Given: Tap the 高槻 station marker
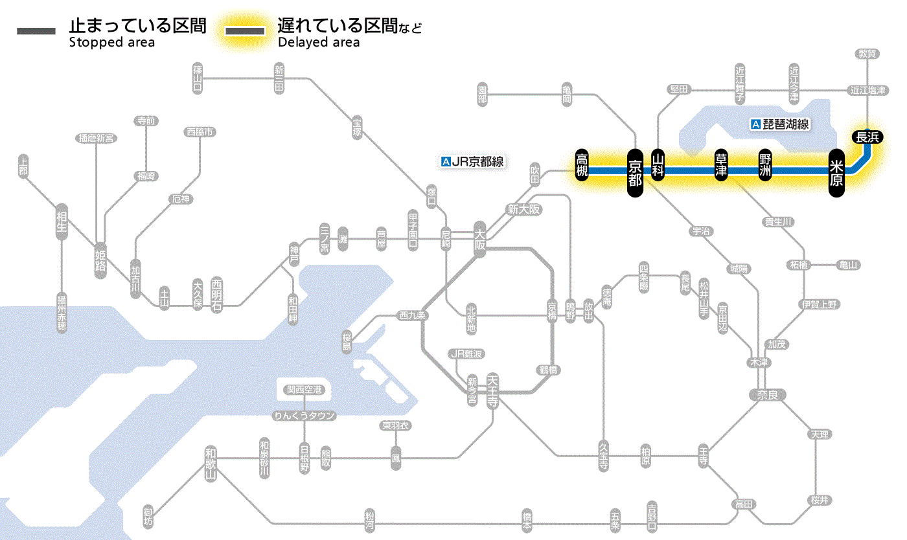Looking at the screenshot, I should [582, 166].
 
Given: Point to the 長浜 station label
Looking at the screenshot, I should [867, 137].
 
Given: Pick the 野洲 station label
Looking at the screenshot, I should [765, 166].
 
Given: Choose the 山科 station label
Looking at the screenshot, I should [658, 166].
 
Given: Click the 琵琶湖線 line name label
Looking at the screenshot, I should [781, 124].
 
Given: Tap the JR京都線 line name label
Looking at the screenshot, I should [472, 162].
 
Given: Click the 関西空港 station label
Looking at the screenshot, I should [304, 390].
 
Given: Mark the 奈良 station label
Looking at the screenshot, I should [766, 394].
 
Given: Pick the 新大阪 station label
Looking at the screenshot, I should [523, 210].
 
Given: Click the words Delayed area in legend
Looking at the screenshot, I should [319, 43].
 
